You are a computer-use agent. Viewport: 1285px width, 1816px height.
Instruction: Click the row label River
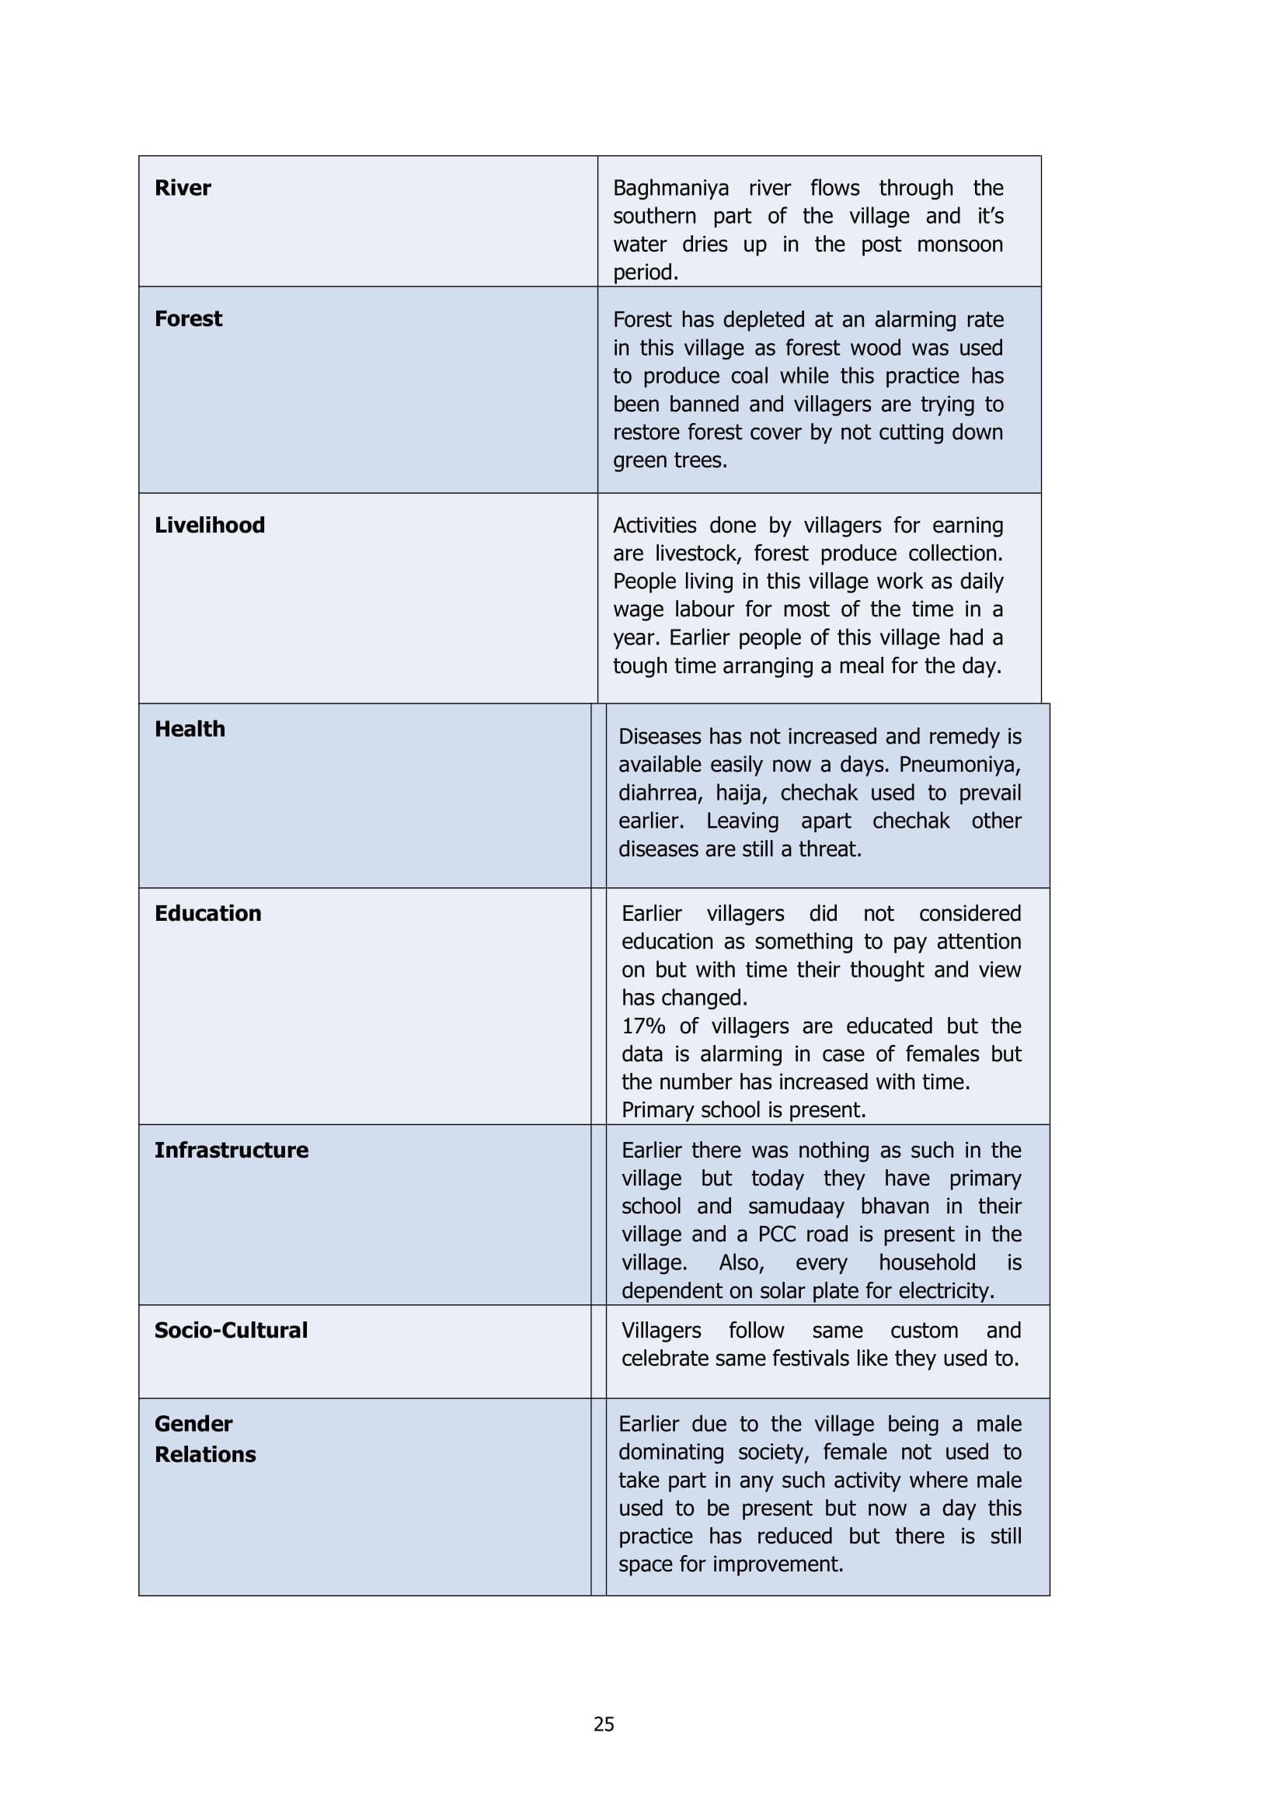[183, 188]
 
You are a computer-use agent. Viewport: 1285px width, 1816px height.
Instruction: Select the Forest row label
[188, 319]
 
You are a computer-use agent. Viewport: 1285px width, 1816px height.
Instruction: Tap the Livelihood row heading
[210, 525]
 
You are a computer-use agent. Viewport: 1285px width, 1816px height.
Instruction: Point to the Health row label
[190, 729]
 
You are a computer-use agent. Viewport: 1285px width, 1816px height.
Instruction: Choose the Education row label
[207, 914]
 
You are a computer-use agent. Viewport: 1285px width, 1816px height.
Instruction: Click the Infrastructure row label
[231, 1150]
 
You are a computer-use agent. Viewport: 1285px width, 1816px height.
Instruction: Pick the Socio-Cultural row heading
[230, 1331]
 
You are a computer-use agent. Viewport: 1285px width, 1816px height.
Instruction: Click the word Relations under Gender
[205, 1454]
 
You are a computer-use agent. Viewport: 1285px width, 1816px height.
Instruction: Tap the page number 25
[604, 1724]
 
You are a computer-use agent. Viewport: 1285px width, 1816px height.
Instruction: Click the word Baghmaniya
[671, 188]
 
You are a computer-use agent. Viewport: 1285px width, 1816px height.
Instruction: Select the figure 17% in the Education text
[643, 1026]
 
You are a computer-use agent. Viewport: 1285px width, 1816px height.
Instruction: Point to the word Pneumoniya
[959, 765]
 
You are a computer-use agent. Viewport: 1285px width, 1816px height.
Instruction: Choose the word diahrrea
[660, 793]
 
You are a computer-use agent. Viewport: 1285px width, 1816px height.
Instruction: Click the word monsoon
[959, 245]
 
